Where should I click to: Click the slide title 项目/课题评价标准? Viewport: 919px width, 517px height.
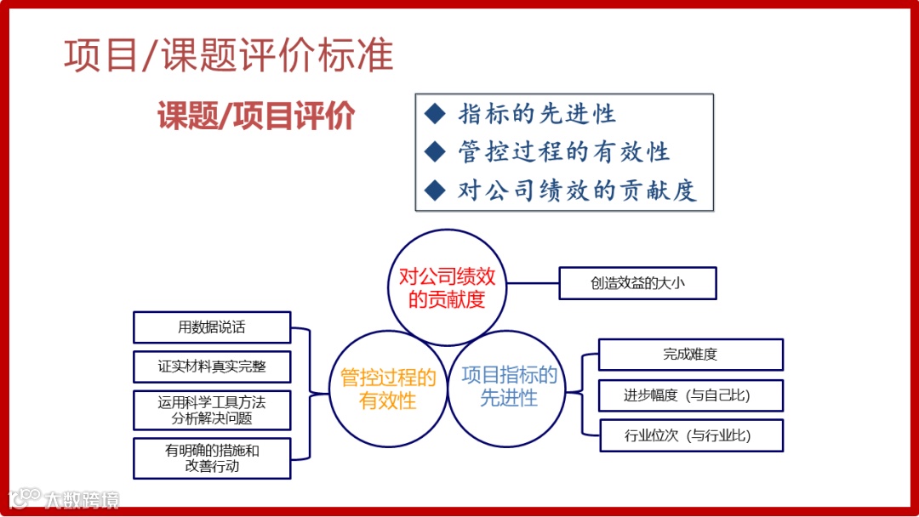(x=228, y=55)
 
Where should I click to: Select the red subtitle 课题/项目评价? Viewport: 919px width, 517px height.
(x=255, y=116)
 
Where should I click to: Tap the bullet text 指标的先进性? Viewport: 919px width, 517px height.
(x=536, y=114)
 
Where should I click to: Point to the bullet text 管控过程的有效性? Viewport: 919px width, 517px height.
(x=563, y=152)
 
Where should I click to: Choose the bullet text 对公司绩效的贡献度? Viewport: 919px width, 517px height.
(x=577, y=190)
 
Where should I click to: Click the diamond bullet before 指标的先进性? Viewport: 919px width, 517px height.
(x=435, y=113)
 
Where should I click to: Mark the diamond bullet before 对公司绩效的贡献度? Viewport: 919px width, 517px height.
(x=435, y=190)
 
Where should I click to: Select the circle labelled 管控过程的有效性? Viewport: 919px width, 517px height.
(x=388, y=389)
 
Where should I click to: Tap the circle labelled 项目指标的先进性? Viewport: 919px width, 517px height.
(x=508, y=387)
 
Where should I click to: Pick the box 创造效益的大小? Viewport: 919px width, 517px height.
(x=637, y=283)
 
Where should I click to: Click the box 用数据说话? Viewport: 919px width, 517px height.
(x=212, y=327)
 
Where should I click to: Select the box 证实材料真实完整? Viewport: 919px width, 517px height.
(x=212, y=366)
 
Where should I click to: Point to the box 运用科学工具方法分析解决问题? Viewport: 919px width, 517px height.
(x=212, y=410)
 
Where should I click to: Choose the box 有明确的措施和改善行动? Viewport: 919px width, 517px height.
(x=212, y=458)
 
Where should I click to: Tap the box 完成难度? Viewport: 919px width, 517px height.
(x=690, y=355)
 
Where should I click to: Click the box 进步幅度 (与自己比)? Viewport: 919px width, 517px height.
(x=690, y=395)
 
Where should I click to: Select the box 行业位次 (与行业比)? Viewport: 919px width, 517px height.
(x=690, y=436)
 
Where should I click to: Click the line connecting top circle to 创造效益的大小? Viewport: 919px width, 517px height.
(x=533, y=283)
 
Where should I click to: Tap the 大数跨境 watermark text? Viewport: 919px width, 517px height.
(x=82, y=499)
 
